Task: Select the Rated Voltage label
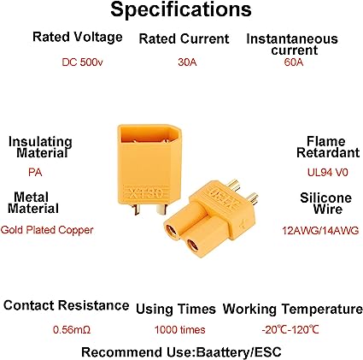coord(78,38)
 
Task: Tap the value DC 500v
coord(78,62)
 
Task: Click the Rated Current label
coord(184,39)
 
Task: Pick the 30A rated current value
coord(183,62)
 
